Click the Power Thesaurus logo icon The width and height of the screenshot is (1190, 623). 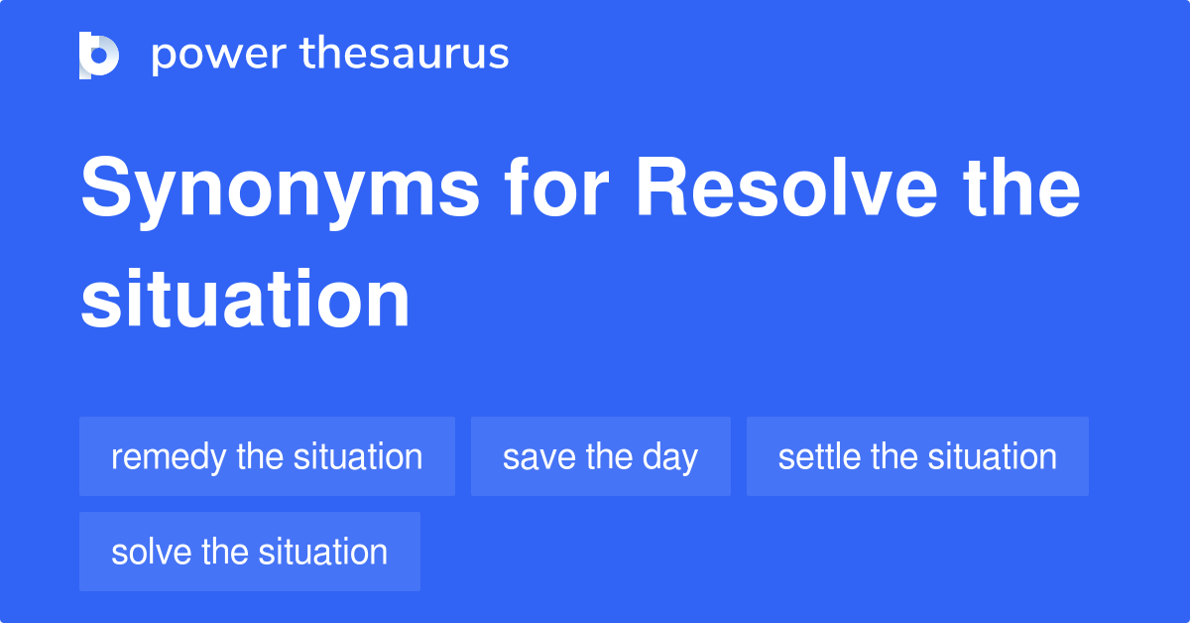pyautogui.click(x=99, y=55)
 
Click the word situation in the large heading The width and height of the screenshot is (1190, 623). pyautogui.click(x=245, y=300)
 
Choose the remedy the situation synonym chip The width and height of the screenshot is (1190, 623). pyautogui.click(x=267, y=456)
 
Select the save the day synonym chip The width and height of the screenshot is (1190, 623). pyautogui.click(x=600, y=456)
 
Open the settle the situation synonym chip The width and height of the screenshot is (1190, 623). pyautogui.click(x=917, y=456)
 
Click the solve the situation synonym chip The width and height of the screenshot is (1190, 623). pyautogui.click(x=249, y=552)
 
